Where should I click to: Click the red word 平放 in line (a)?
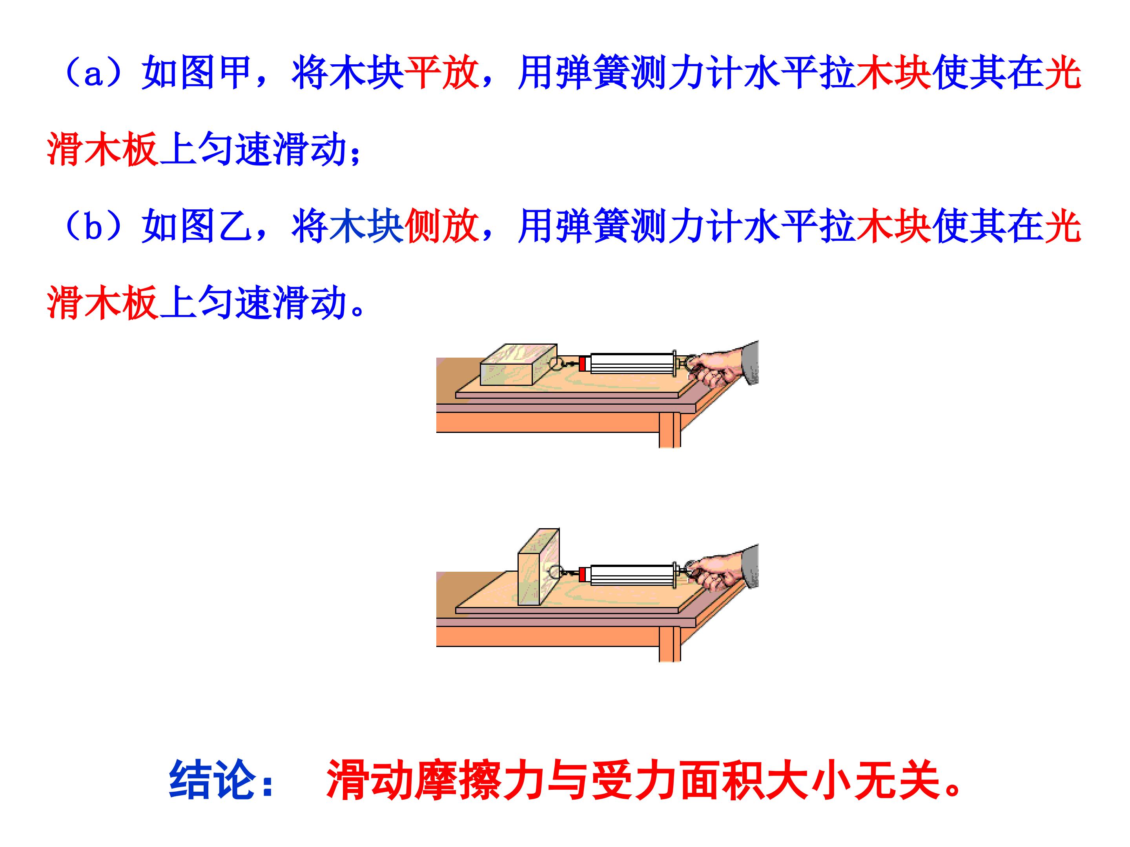click(x=442, y=73)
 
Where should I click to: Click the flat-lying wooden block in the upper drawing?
click(x=519, y=365)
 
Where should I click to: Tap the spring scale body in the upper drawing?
click(x=632, y=364)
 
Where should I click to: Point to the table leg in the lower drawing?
click(x=670, y=644)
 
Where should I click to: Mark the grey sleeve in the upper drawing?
click(x=750, y=362)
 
